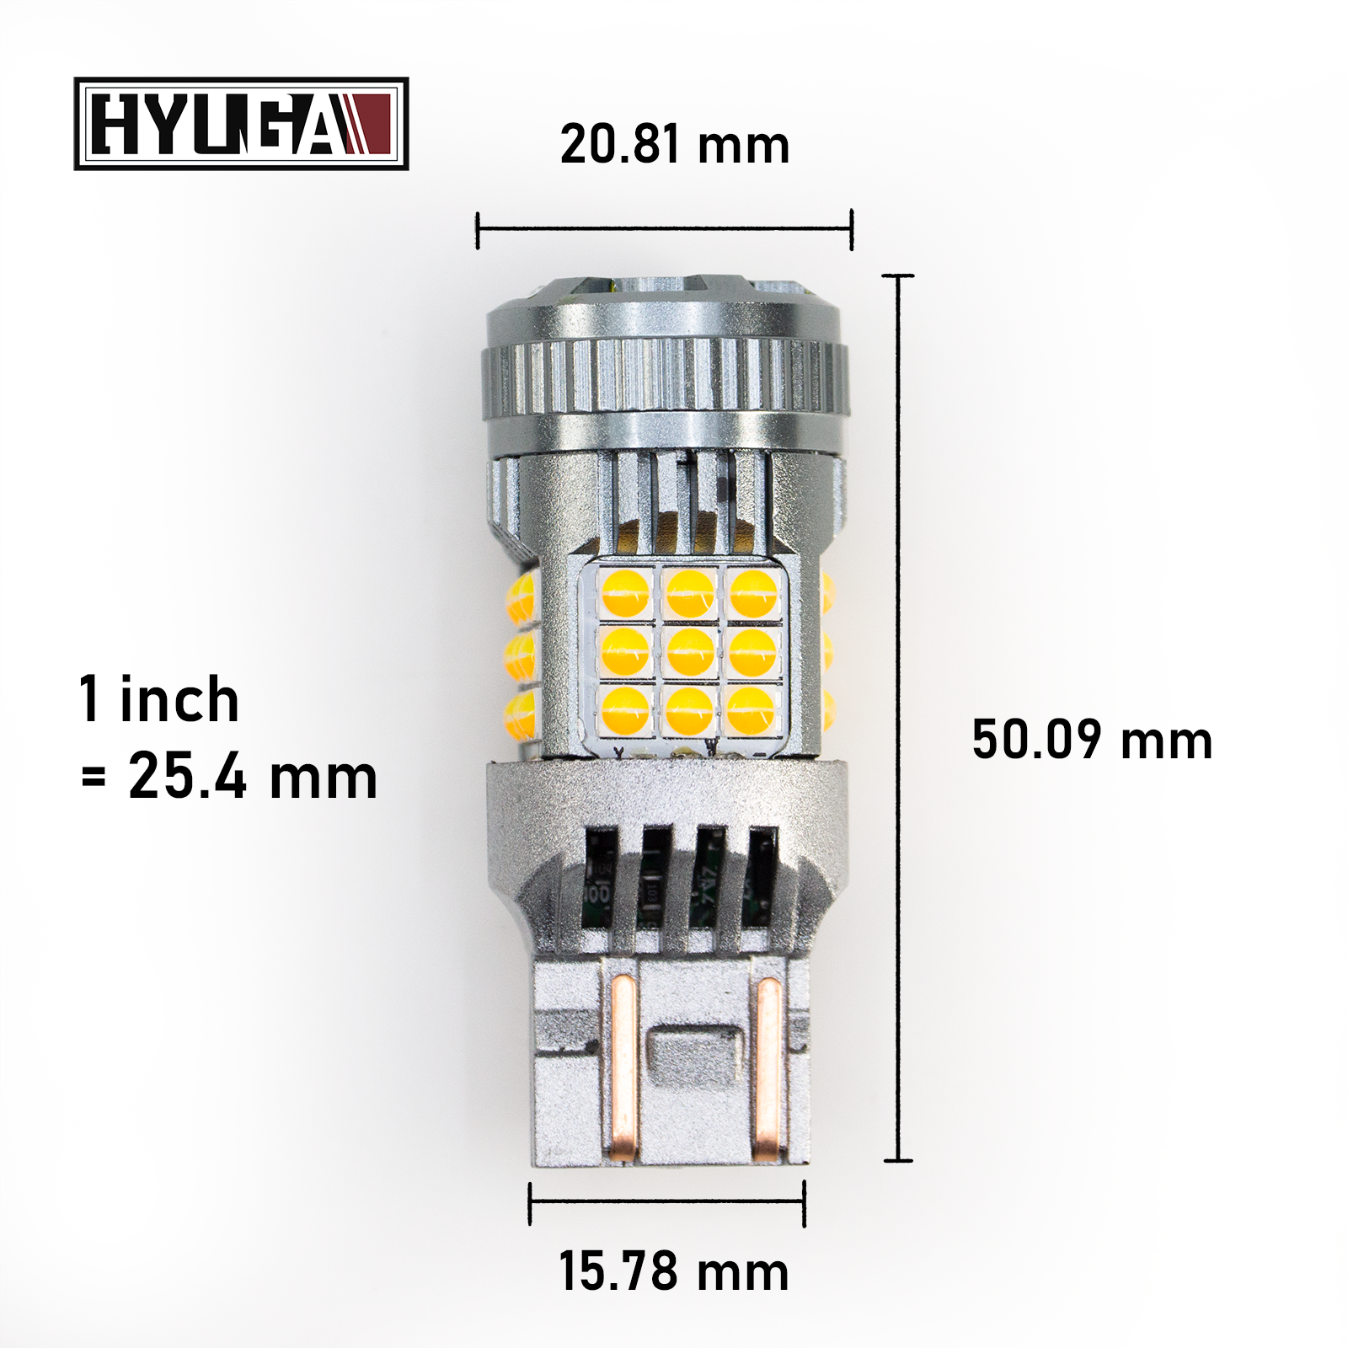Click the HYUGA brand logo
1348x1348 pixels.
[x=241, y=124]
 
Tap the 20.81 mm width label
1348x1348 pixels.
[x=674, y=144]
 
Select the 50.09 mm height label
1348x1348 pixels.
[x=1091, y=740]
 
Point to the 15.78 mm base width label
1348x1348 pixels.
[x=673, y=1271]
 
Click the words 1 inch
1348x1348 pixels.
[x=159, y=699]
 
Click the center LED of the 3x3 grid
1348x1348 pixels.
[x=690, y=650]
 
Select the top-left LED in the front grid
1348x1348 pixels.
[x=625, y=592]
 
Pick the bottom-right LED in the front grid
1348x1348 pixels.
[x=752, y=709]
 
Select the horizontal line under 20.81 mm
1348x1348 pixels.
[x=665, y=227]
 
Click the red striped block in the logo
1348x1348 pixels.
[x=368, y=124]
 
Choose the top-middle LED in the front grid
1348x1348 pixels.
[x=690, y=592]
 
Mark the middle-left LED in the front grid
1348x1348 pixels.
[x=625, y=650]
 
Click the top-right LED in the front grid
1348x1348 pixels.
[x=752, y=592]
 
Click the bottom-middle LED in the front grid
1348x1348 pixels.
[x=689, y=709]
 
